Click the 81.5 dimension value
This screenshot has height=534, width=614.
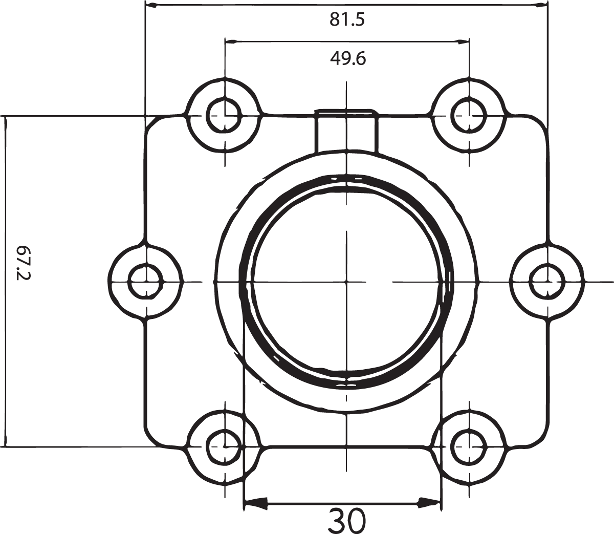pos(347,20)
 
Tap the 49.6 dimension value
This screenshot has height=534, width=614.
pos(347,59)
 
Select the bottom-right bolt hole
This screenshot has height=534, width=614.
pos(468,445)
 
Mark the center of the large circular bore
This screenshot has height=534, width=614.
pos(346,282)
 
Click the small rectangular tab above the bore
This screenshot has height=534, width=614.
pos(346,131)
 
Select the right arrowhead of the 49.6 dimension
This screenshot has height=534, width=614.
pos(463,41)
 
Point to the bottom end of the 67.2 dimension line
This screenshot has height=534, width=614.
pos(7,443)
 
